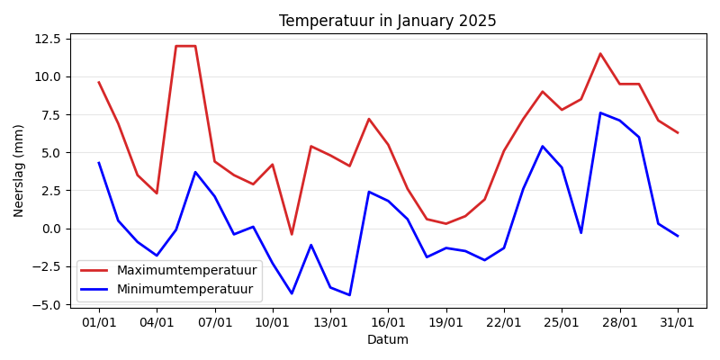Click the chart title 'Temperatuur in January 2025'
[387, 21]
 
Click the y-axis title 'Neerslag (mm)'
[19, 170]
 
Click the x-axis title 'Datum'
[387, 340]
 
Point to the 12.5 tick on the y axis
[47, 39]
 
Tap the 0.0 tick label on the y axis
[50, 229]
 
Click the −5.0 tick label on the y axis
[47, 305]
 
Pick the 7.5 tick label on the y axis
[50, 114]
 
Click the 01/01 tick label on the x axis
[99, 321]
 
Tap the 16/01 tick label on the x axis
[388, 321]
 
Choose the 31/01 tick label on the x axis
[678, 321]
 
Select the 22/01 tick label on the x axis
[504, 321]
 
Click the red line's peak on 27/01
[600, 54]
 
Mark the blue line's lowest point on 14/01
[349, 295]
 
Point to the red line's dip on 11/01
[292, 234]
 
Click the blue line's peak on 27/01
[600, 112]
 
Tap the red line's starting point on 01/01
[99, 83]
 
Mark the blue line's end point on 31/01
[678, 236]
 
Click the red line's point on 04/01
[157, 193]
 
